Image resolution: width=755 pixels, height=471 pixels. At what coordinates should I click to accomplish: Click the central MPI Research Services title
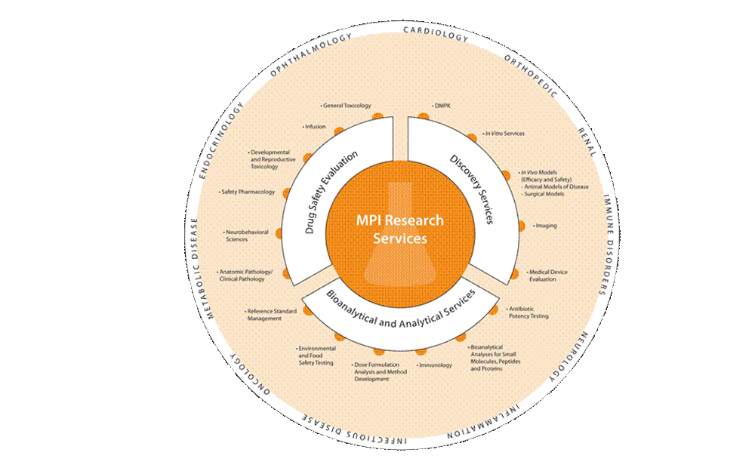coord(399,229)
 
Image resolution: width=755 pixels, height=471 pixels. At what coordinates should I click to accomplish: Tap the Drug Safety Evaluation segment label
coord(331,192)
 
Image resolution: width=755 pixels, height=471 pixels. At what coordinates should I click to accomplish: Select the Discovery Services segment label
coord(472,189)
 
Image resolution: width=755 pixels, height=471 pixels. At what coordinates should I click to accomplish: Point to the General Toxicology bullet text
coord(346,106)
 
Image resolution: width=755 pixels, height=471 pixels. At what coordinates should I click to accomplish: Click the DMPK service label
coord(442,106)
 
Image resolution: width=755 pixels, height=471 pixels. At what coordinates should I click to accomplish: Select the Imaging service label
coord(545,226)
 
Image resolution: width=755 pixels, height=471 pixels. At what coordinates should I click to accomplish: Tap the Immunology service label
coord(434,365)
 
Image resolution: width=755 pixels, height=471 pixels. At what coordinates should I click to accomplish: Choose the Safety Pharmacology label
coord(247,192)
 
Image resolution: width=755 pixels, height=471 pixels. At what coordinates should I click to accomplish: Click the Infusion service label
coord(314,127)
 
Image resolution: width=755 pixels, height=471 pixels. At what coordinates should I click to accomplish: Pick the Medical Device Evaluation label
coord(547,276)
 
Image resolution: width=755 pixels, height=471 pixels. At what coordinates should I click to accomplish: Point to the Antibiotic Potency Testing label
coord(527,312)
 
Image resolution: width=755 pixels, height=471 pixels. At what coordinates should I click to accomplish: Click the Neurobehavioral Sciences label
coord(246,235)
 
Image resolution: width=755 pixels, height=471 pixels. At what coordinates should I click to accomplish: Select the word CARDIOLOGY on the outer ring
coord(436,34)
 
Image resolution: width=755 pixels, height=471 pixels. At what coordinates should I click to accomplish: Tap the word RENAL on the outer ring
coord(587,142)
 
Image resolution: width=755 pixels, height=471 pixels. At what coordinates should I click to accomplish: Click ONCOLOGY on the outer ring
coord(249,374)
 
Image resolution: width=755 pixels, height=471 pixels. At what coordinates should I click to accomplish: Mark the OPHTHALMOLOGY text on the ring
coord(310,55)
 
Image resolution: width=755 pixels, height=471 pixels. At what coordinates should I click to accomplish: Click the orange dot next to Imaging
coord(521,226)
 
